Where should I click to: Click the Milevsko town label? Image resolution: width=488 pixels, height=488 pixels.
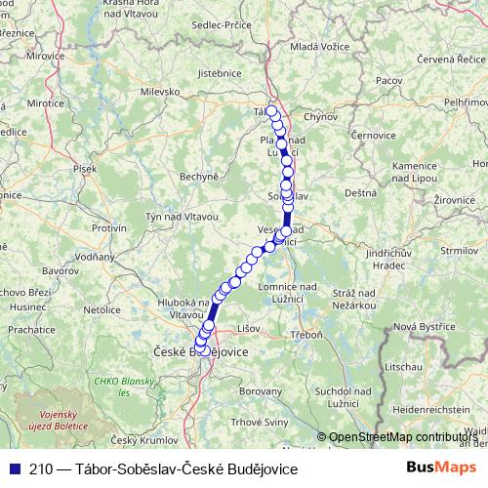[161, 91]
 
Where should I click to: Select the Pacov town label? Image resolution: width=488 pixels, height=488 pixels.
[389, 80]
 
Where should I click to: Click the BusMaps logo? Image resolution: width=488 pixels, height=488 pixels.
[442, 468]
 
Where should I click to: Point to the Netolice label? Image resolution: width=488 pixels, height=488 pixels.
[102, 309]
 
